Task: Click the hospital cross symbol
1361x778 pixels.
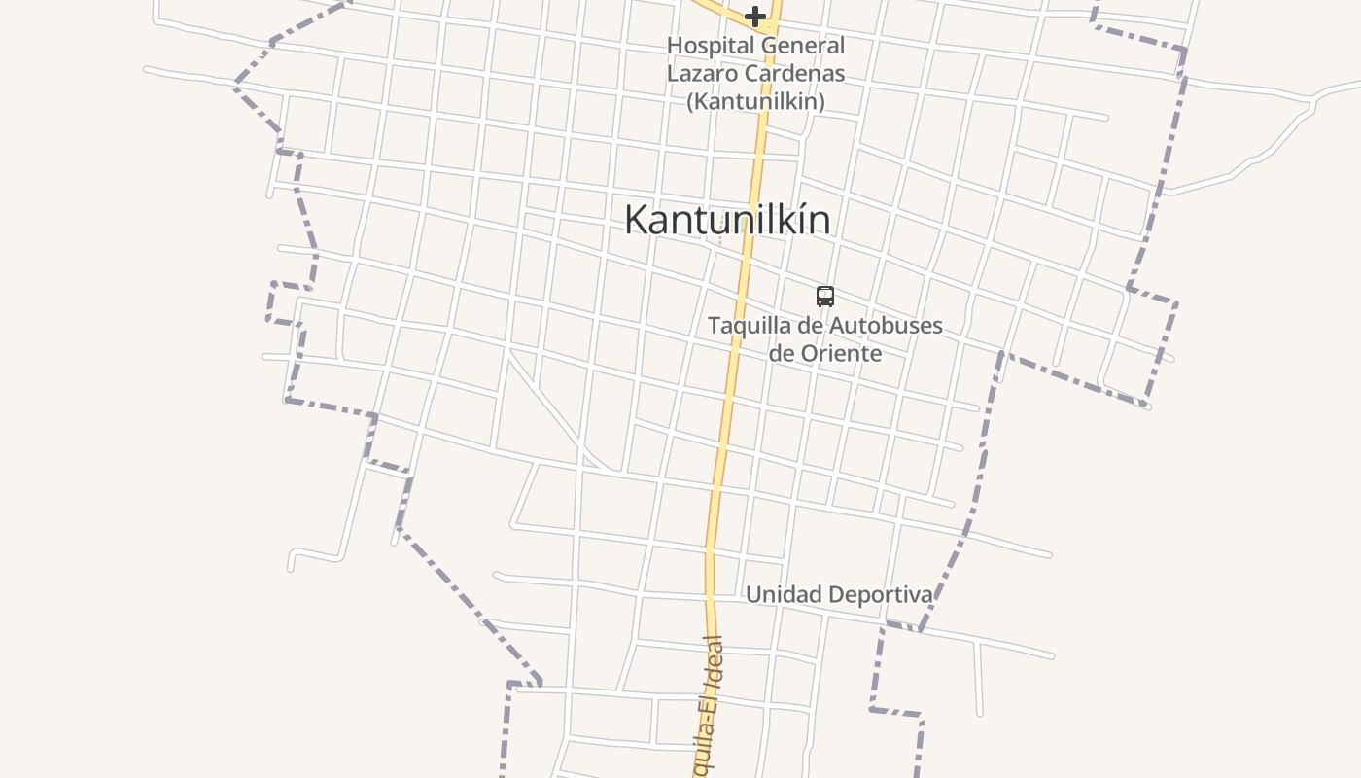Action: click(x=755, y=16)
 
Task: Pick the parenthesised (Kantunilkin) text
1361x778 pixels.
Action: click(x=755, y=101)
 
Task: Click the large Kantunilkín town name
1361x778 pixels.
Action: click(x=727, y=220)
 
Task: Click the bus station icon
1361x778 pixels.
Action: click(x=825, y=297)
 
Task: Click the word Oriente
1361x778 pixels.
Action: click(x=841, y=353)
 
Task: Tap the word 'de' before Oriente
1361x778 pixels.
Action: click(x=781, y=353)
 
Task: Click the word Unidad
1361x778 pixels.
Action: click(x=783, y=594)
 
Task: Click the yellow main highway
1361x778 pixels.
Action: click(x=731, y=389)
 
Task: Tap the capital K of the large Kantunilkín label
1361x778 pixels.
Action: click(x=636, y=220)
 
